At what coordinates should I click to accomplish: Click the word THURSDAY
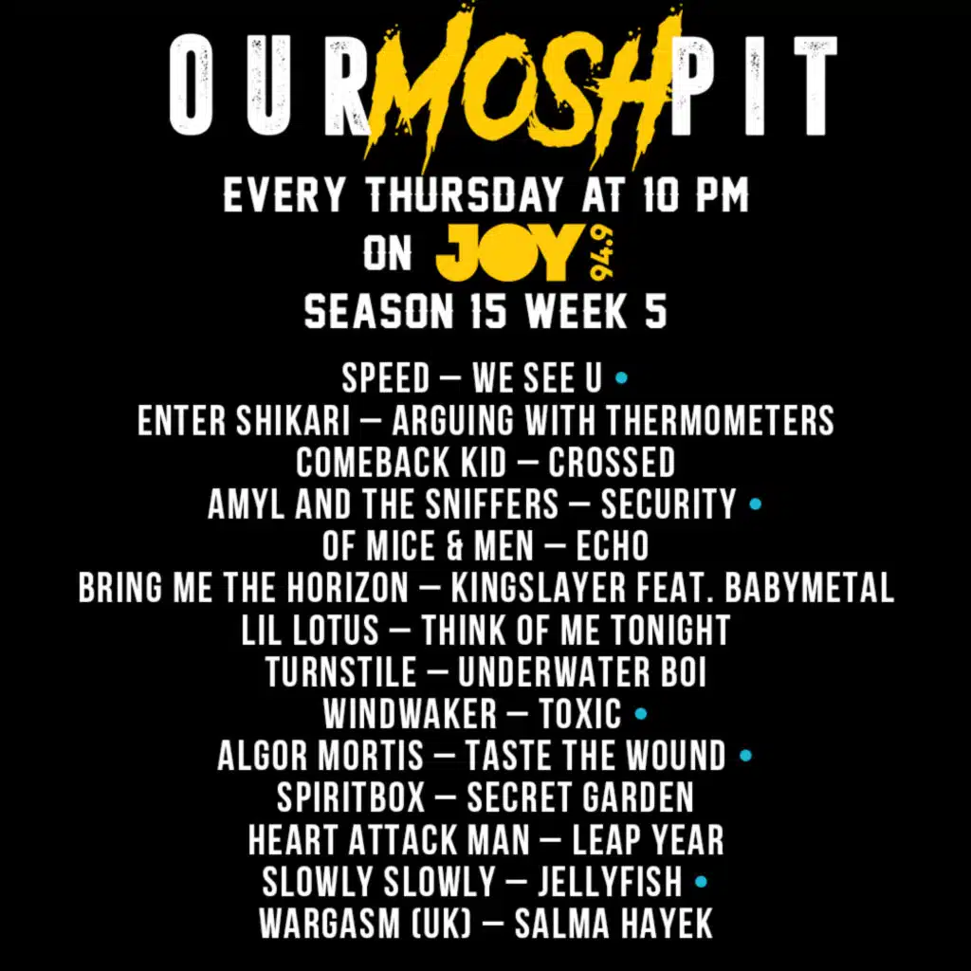pyautogui.click(x=466, y=195)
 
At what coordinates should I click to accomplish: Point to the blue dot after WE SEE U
pyautogui.click(x=621, y=377)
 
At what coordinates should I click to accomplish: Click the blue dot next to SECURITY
pyautogui.click(x=755, y=504)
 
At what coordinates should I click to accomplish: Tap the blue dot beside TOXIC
pyautogui.click(x=641, y=714)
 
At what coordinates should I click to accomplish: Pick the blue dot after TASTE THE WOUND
pyautogui.click(x=745, y=756)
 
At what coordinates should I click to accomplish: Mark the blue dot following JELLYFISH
pyautogui.click(x=701, y=881)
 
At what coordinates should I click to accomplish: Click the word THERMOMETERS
pyautogui.click(x=720, y=420)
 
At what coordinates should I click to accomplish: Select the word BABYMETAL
pyautogui.click(x=809, y=587)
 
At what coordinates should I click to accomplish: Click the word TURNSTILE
pyautogui.click(x=341, y=672)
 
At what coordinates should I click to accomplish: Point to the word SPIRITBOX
pyautogui.click(x=351, y=797)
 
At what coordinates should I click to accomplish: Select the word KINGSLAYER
pyautogui.click(x=539, y=587)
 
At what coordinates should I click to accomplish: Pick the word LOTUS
pyautogui.click(x=335, y=630)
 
